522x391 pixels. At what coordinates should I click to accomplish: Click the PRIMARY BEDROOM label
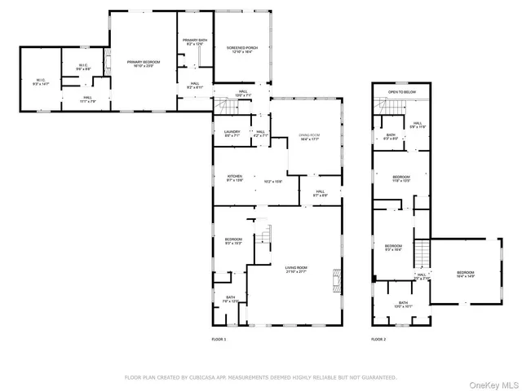(x=143, y=62)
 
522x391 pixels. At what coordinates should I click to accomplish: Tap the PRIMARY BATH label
(x=195, y=41)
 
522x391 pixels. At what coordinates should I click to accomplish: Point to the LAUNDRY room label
(x=231, y=132)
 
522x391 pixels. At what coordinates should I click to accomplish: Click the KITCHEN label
(x=235, y=177)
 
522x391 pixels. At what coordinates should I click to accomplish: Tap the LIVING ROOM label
(x=295, y=268)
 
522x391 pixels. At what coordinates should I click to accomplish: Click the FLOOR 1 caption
(x=219, y=339)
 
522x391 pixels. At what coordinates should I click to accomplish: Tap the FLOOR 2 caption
(x=378, y=339)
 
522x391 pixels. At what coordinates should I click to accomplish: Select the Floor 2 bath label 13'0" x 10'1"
(x=403, y=304)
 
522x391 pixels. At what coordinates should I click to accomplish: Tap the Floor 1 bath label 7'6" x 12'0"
(x=230, y=299)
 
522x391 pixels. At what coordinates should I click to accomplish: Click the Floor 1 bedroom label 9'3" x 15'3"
(x=233, y=240)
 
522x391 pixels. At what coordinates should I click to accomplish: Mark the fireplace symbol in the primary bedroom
(x=105, y=61)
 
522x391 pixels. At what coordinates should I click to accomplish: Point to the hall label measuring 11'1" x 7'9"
(x=86, y=99)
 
